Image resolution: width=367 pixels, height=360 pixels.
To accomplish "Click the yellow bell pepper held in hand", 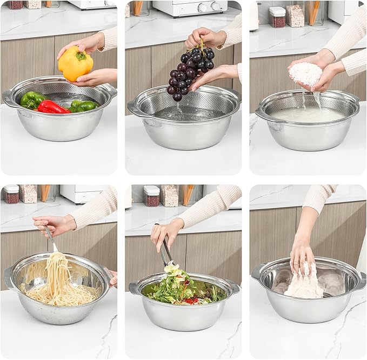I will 75,64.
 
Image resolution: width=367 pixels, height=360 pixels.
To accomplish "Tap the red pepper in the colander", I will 52,107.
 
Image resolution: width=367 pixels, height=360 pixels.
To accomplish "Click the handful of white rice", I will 305,74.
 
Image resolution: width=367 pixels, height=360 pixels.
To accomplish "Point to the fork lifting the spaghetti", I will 51,238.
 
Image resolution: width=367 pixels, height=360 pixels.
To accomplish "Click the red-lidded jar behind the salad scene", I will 151,196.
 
